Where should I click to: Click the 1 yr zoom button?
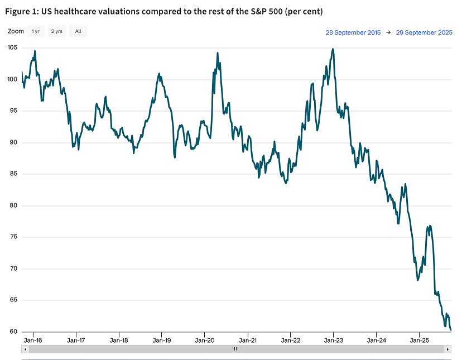pyautogui.click(x=36, y=31)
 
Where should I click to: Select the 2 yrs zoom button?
pyautogui.click(x=56, y=31)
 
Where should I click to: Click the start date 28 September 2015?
pyautogui.click(x=353, y=32)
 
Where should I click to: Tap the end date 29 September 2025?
pyautogui.click(x=424, y=32)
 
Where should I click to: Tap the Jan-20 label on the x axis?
pyautogui.click(x=205, y=339)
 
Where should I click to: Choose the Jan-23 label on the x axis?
pyautogui.click(x=334, y=339)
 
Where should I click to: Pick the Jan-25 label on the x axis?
pyautogui.click(x=420, y=339)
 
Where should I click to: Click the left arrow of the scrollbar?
pyautogui.click(x=25, y=349)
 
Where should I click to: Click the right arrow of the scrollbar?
pyautogui.click(x=447, y=349)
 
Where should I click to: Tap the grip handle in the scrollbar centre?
pyautogui.click(x=236, y=349)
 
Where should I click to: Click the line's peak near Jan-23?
pyautogui.click(x=333, y=49)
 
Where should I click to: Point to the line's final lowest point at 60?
pyautogui.click(x=450, y=330)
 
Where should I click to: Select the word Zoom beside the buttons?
pyautogui.click(x=16, y=31)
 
